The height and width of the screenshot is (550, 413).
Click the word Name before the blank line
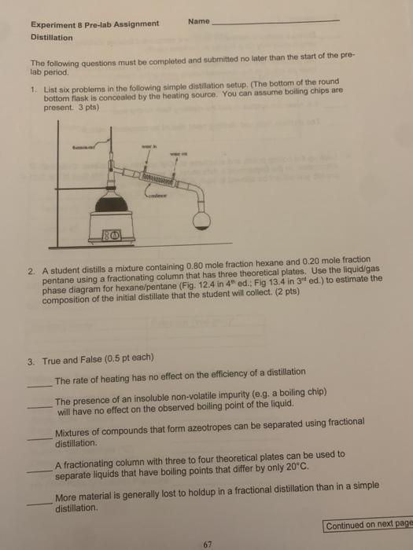tap(200, 22)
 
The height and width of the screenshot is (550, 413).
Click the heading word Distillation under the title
tap(51, 36)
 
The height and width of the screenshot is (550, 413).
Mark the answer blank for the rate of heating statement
tap(38, 383)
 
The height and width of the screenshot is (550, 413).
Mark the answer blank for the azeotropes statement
tap(38, 437)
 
